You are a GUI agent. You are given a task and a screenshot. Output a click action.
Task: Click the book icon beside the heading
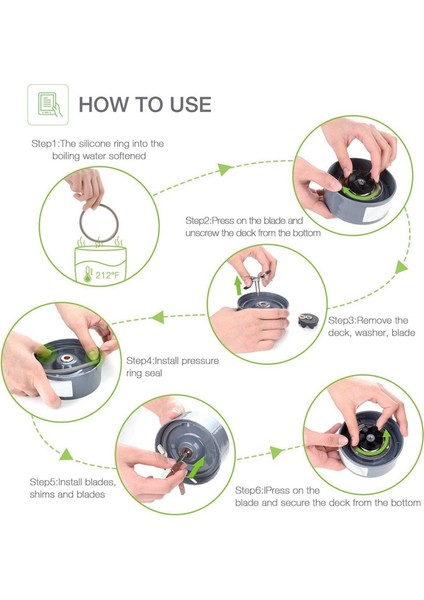click(48, 104)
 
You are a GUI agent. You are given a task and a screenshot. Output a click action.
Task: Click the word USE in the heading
click(191, 104)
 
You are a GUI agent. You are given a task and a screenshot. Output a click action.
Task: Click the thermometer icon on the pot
click(88, 275)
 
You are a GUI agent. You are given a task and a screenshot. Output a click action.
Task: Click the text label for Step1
click(98, 150)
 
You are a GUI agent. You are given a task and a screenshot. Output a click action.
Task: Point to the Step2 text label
click(253, 227)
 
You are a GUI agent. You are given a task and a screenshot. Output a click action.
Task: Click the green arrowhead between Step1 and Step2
click(225, 169)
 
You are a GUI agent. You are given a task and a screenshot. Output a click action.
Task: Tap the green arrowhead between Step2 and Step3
click(401, 267)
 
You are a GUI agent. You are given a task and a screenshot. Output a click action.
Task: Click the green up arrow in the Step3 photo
click(238, 285)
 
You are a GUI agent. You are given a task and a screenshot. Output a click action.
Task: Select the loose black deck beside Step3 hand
click(308, 320)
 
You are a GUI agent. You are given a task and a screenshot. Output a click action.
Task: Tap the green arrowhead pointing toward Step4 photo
click(157, 317)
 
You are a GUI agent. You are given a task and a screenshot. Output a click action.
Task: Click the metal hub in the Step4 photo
click(67, 359)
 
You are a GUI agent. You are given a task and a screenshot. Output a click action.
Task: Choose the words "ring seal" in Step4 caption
click(144, 373)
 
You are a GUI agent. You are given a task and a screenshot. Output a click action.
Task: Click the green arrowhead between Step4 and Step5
click(66, 455)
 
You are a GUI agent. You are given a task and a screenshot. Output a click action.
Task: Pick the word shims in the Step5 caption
click(42, 494)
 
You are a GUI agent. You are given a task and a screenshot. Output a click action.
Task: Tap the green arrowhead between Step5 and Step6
click(276, 452)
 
